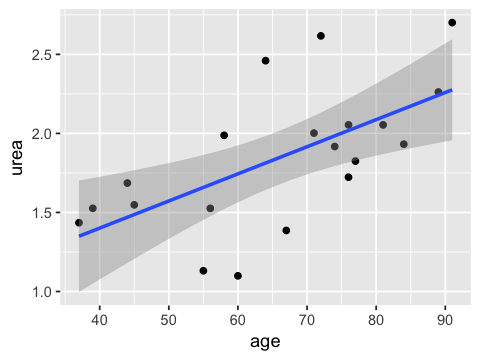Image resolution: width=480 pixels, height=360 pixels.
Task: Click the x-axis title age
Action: coord(265,342)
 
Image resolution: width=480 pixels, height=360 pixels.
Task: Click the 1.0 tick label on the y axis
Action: coord(42,292)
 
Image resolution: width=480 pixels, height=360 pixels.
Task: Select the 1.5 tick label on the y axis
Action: coord(42,213)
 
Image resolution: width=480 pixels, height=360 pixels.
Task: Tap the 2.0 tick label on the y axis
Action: coord(42,134)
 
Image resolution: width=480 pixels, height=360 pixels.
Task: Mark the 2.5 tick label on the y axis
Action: coord(42,55)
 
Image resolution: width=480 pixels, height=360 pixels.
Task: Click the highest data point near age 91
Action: coord(452,22)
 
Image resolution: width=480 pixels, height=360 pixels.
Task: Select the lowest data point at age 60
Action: coord(238,276)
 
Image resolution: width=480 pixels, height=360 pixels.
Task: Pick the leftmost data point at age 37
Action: coord(79,223)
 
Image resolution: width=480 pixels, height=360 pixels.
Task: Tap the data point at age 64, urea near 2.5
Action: coord(265,61)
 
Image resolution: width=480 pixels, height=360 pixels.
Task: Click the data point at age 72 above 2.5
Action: coord(321,36)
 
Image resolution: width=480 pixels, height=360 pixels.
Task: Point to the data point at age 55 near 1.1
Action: coord(203,271)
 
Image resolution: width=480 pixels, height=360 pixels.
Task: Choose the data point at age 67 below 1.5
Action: coord(286,230)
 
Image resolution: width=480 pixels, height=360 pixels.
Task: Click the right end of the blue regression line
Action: coord(452,90)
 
